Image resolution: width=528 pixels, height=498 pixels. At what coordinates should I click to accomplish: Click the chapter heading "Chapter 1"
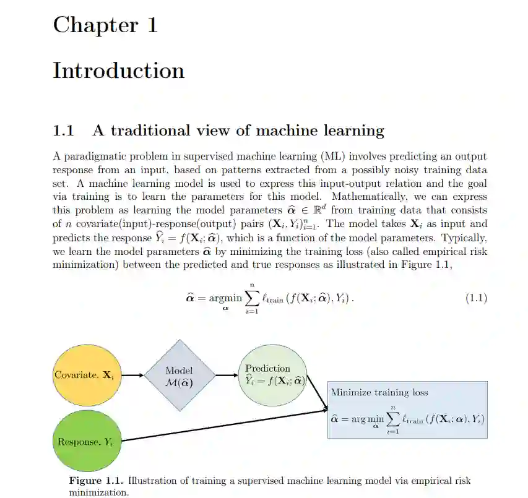point(105,25)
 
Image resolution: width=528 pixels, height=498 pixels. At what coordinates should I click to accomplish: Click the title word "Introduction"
point(118,71)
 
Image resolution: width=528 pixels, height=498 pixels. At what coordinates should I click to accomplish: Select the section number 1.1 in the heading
point(64,131)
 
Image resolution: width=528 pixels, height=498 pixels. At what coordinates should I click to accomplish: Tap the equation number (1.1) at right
point(475,298)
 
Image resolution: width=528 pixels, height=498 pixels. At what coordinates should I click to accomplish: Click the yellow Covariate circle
point(84,376)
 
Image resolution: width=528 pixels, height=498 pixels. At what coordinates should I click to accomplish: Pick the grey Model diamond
point(179,376)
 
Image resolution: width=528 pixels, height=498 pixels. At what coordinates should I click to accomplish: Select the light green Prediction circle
point(271,375)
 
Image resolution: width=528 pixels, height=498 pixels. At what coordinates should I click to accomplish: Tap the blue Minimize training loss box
point(407,410)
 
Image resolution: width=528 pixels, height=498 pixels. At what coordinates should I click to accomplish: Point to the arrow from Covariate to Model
point(129,376)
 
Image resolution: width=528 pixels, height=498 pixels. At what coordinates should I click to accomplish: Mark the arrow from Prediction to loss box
point(316,393)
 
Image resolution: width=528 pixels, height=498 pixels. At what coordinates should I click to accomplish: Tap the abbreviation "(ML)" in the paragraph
point(332,157)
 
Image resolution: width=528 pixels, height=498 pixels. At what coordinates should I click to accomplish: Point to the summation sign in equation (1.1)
point(251,299)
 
